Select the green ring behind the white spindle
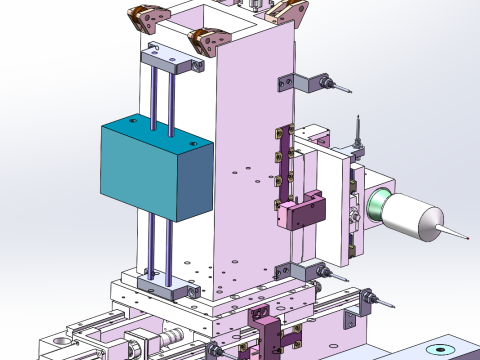coord(377,206)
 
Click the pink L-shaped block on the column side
coord(301,212)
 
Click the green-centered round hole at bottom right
coord(438,350)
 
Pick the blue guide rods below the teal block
coord(160,250)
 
